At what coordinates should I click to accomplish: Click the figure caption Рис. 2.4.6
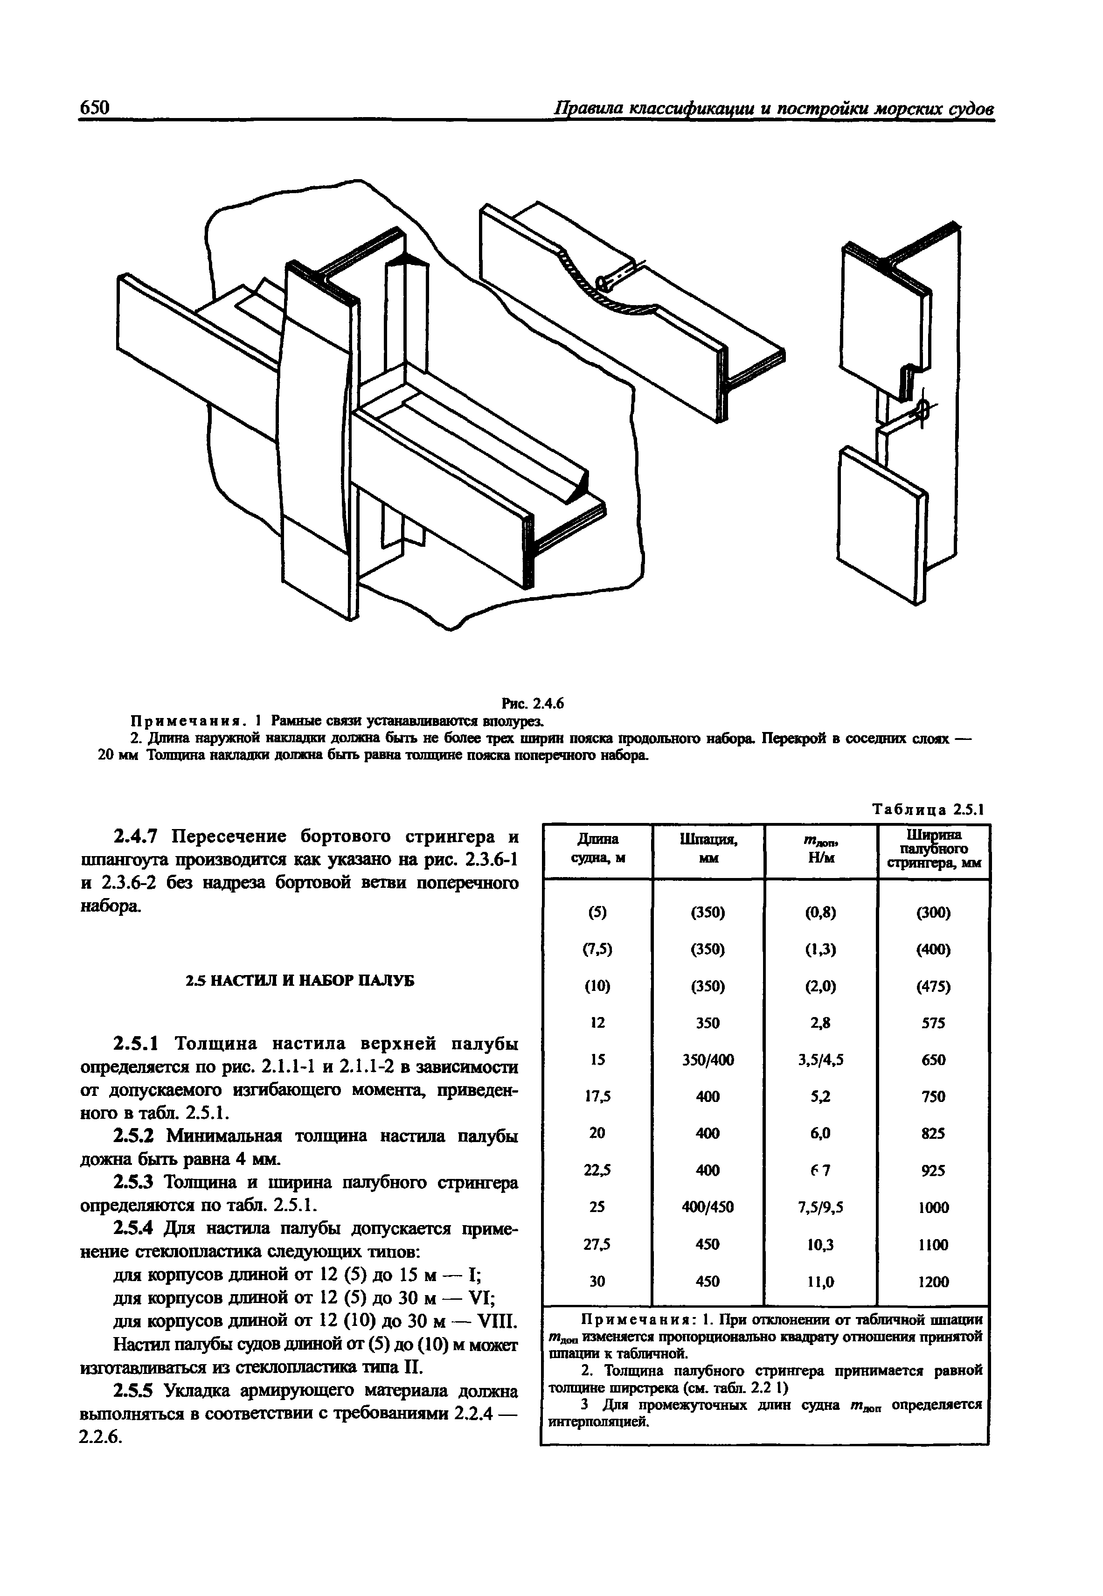point(533,704)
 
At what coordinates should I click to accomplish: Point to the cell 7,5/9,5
point(820,1207)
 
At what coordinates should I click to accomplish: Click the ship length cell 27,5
point(598,1244)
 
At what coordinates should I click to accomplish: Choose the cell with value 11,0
point(820,1282)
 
